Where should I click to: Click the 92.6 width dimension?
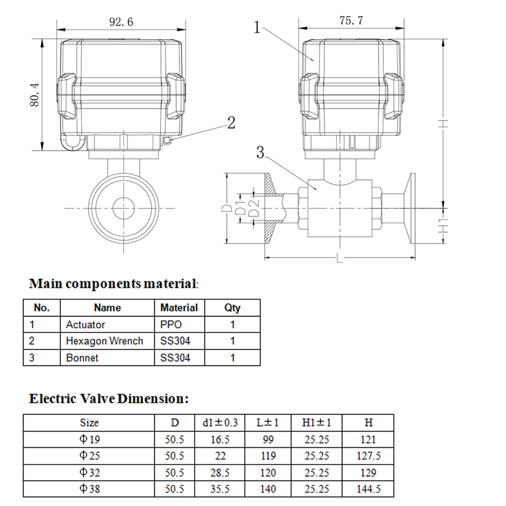(120, 22)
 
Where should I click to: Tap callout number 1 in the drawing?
(257, 27)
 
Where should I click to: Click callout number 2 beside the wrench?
(231, 122)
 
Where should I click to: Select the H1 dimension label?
(443, 226)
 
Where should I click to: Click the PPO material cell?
(171, 324)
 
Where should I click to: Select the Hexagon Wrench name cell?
(104, 341)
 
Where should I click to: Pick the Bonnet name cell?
(82, 358)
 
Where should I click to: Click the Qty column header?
(232, 308)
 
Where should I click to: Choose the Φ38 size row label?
(90, 489)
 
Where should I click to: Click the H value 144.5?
(369, 489)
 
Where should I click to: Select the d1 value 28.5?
(220, 473)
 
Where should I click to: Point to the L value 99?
(268, 440)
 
